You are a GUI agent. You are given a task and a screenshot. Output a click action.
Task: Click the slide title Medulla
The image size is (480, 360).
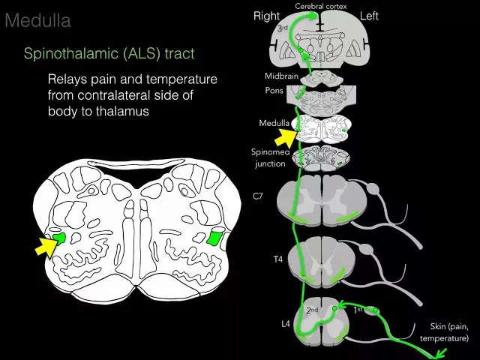37,20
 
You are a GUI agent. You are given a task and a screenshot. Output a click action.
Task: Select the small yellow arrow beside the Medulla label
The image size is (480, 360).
288,136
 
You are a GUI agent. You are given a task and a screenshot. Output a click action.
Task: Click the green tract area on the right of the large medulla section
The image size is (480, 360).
215,238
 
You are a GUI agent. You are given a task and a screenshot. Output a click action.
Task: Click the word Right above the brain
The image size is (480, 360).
266,16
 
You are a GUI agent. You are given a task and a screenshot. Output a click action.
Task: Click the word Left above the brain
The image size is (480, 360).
370,16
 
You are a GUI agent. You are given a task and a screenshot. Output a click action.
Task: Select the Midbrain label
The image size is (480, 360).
280,76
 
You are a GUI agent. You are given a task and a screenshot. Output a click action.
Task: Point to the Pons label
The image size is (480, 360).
274,89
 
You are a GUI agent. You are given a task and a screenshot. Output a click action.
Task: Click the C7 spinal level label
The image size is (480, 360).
257,196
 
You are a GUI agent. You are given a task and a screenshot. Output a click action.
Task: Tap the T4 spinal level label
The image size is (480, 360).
277,259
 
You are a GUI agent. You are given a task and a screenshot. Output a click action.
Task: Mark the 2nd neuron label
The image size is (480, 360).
312,310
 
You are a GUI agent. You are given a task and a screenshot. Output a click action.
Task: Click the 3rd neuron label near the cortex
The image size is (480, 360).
283,28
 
